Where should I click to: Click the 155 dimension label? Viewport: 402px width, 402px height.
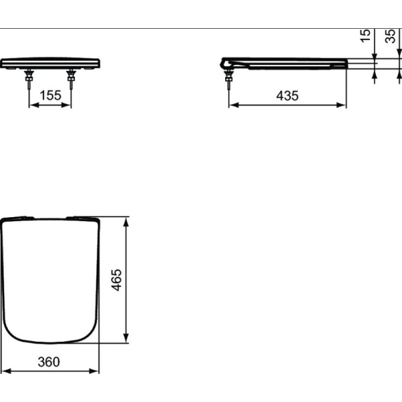[50, 95]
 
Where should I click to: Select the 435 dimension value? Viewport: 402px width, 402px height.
[287, 95]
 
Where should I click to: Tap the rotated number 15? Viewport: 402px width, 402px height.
[365, 36]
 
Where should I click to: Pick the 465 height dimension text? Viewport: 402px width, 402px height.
[117, 279]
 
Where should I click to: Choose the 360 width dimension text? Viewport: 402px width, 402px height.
[49, 362]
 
